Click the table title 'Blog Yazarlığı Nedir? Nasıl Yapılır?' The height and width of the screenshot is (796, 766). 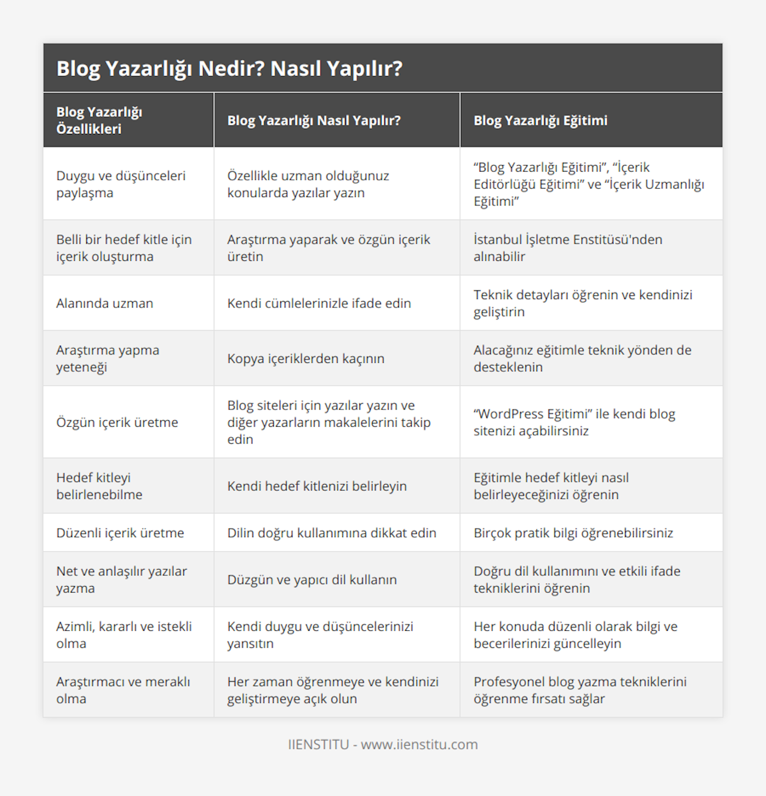[x=229, y=68]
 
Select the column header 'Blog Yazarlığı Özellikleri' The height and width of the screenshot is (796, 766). [x=99, y=120]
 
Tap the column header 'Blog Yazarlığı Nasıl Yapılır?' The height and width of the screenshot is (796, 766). [x=313, y=121]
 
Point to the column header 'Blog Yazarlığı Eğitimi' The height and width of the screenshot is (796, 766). [x=540, y=121]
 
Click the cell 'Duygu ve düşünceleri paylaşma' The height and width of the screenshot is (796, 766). [x=121, y=184]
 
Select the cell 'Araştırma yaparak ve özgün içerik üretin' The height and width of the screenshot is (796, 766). [x=328, y=247]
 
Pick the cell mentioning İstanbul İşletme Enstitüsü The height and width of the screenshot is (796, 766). [x=567, y=247]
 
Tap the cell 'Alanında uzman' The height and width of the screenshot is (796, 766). [x=105, y=303]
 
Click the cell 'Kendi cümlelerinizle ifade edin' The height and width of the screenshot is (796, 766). [x=319, y=303]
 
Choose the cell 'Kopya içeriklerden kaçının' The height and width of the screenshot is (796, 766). [x=306, y=358]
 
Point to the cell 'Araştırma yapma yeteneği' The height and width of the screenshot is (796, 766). [x=107, y=358]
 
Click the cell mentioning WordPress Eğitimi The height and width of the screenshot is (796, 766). [x=574, y=422]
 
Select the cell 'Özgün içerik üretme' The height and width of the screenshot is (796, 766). [x=117, y=422]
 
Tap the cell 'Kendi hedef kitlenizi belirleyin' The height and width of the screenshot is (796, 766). [x=317, y=486]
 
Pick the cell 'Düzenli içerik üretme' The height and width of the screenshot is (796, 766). [x=120, y=533]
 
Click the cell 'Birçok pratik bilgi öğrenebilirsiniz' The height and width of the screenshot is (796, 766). [x=573, y=533]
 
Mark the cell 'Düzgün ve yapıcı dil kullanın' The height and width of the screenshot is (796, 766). [x=312, y=580]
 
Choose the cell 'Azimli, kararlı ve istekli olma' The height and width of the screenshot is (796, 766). [x=124, y=635]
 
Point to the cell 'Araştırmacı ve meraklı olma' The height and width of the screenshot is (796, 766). [x=123, y=690]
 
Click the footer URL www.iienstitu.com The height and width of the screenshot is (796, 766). [x=419, y=744]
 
